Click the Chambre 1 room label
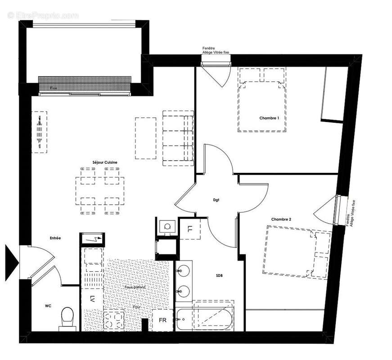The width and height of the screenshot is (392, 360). pos(269,118)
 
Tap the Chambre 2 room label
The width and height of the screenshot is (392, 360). pos(281,219)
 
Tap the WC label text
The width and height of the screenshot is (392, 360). pos(48,306)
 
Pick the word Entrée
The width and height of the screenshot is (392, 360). pos(55,238)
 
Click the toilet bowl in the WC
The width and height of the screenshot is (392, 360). pos(67,317)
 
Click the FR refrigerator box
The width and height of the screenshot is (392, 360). pos(162,320)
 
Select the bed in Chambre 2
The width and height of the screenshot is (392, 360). pos(297,252)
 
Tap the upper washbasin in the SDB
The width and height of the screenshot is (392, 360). pos(184,271)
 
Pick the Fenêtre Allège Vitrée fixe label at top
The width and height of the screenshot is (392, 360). pos(216,50)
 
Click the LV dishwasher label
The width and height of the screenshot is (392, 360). pos(92,297)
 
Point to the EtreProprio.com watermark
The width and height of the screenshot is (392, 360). pos(44,15)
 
